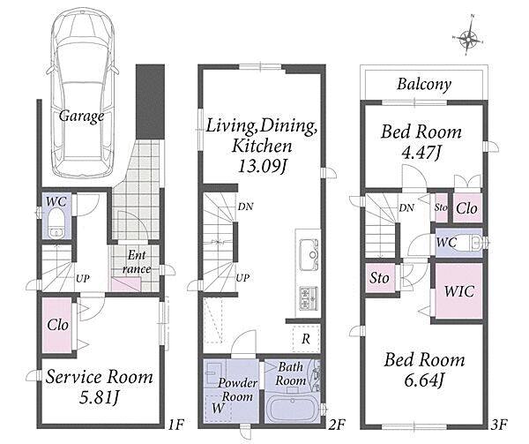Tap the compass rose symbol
469,36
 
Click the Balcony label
424,84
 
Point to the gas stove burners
309,297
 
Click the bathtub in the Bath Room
292,410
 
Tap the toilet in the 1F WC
56,223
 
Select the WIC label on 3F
459,291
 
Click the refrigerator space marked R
306,339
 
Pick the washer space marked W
218,408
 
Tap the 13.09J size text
263,166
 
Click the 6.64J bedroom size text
424,380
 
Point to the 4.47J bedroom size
421,153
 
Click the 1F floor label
175,424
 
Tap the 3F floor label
499,424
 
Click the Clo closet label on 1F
57,325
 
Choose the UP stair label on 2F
242,278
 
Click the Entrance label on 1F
137,262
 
